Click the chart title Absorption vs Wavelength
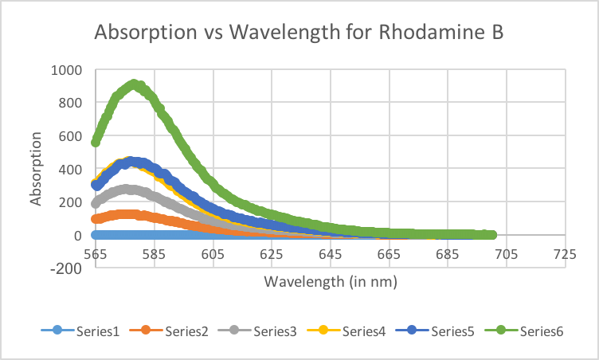click(299, 33)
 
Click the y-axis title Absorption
click(36, 168)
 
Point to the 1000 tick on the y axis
click(67, 69)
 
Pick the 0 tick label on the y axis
click(78, 235)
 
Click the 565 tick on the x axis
click(95, 254)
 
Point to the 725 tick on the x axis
click(565, 254)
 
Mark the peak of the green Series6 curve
click(134, 84)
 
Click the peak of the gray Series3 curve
click(128, 189)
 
